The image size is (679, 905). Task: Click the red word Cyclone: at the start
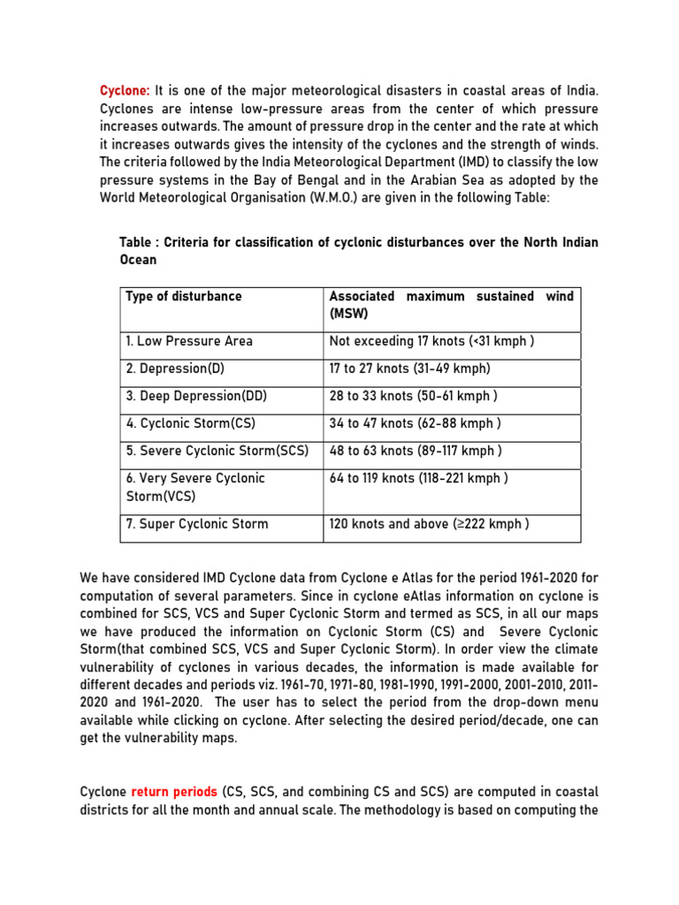pyautogui.click(x=125, y=91)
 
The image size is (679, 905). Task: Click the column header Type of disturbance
pyautogui.click(x=183, y=297)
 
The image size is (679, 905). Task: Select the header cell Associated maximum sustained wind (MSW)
pyautogui.click(x=451, y=305)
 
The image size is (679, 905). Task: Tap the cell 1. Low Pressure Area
pyautogui.click(x=188, y=341)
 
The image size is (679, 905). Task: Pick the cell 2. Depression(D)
pyautogui.click(x=176, y=369)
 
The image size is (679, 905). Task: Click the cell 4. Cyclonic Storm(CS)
pyautogui.click(x=191, y=423)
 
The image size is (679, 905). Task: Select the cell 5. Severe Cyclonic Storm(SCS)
pyautogui.click(x=217, y=451)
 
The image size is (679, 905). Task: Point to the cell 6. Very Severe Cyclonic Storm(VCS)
pyautogui.click(x=195, y=487)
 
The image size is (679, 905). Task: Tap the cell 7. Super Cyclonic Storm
pyautogui.click(x=196, y=524)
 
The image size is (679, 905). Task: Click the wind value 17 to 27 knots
pyautogui.click(x=409, y=369)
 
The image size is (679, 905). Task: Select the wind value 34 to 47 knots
pyautogui.click(x=415, y=423)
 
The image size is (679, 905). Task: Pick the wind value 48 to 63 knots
pyautogui.click(x=416, y=451)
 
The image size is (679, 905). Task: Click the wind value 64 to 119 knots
pyautogui.click(x=418, y=478)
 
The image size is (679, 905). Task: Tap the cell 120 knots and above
pyautogui.click(x=429, y=524)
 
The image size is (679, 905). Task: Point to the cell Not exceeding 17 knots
pyautogui.click(x=431, y=341)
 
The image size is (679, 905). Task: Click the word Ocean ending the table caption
pyautogui.click(x=138, y=260)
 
